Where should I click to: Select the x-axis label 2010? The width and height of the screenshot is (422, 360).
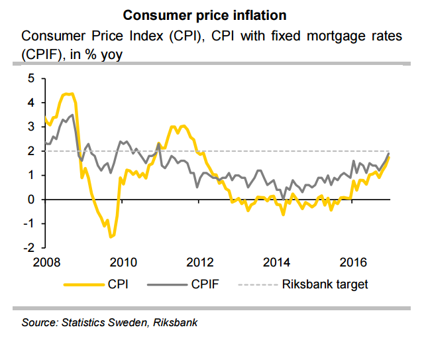[x=123, y=261]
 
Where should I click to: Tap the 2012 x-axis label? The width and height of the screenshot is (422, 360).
[x=201, y=261]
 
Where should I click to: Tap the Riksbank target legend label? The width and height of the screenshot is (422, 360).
[x=325, y=285]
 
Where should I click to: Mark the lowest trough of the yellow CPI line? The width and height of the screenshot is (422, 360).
[x=111, y=237]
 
